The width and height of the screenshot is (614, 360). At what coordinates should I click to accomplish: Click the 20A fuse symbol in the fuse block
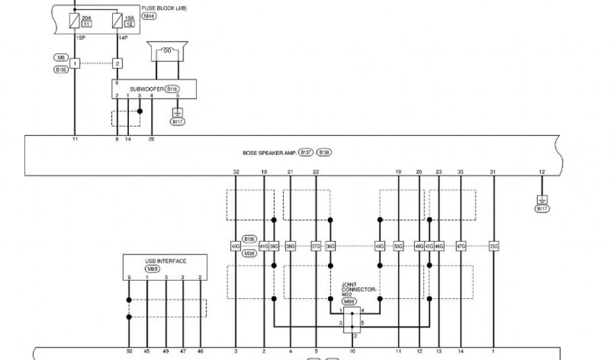click(x=74, y=22)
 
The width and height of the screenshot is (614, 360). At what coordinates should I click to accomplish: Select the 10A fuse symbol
click(x=117, y=22)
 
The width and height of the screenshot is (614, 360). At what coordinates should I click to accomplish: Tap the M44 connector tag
click(x=148, y=16)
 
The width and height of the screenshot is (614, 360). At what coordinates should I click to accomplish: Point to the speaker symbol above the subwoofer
click(x=168, y=50)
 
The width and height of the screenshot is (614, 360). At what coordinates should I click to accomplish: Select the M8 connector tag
click(x=61, y=58)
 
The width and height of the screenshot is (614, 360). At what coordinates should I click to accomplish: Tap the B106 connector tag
click(x=61, y=70)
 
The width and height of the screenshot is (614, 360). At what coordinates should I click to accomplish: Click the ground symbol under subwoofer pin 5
click(x=177, y=112)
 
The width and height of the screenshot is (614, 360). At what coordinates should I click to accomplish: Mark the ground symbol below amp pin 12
click(x=542, y=200)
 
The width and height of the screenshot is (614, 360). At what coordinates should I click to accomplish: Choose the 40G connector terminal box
click(x=236, y=246)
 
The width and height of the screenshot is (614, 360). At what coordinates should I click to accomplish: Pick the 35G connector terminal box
click(x=493, y=246)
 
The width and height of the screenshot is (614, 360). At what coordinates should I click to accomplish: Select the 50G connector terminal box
click(x=398, y=246)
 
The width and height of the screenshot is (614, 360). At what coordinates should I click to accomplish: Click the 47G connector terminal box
click(x=460, y=246)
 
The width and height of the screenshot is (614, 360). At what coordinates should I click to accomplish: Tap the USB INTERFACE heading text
click(x=166, y=261)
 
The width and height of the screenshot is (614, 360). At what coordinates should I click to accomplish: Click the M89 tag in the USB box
click(x=152, y=269)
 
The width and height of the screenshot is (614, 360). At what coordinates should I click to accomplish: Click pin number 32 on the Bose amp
click(x=236, y=172)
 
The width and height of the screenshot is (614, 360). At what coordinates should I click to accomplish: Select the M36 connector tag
click(x=249, y=254)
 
